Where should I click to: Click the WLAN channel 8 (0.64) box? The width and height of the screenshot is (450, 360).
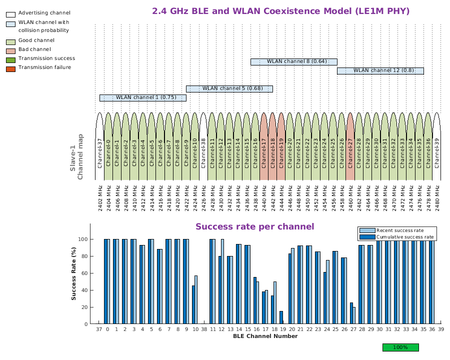coord(293,61)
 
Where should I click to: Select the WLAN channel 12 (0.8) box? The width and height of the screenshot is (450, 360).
coord(380,70)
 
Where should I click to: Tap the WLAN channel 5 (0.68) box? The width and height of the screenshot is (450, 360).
coord(229,88)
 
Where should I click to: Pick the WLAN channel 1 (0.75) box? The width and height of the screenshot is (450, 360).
coord(142,97)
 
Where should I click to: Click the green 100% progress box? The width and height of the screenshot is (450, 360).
coord(400,347)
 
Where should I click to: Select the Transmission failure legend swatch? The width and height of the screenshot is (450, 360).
coord(10,68)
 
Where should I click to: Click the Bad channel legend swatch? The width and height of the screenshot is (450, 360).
coord(10,50)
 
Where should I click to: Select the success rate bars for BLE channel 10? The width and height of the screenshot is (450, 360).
coord(194,300)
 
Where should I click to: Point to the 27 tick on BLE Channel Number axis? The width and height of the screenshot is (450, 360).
coord(353,330)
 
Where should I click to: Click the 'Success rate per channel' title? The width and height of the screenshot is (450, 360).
coord(254,227)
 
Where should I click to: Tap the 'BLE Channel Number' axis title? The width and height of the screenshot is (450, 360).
coord(265,336)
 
